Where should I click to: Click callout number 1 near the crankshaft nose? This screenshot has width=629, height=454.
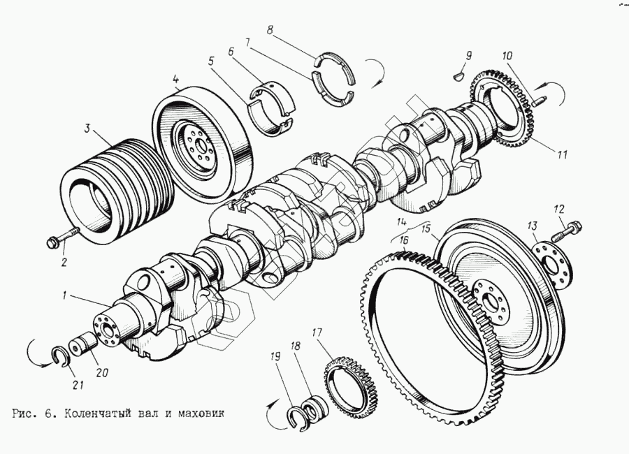[x=64, y=295]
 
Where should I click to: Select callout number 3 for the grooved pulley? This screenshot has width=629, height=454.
[x=87, y=129]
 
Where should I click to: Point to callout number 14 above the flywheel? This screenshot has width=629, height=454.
[x=401, y=223]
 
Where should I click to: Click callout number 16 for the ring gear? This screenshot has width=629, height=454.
[x=404, y=241]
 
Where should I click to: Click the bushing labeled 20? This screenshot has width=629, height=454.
[x=86, y=346]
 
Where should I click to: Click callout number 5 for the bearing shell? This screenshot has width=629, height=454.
[x=211, y=61]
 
